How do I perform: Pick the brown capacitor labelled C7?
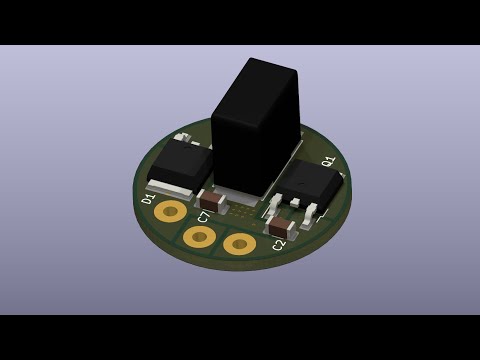point(213,199)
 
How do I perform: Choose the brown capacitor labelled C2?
point(280,227)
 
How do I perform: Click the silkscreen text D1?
point(148,199)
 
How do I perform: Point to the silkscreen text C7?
point(203,216)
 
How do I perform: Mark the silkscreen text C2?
point(279,246)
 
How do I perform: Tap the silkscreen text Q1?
point(328,161)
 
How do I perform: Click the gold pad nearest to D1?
point(170,211)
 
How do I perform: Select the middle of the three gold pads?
point(199,237)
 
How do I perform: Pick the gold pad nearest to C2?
point(239,243)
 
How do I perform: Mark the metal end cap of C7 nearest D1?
point(203,198)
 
